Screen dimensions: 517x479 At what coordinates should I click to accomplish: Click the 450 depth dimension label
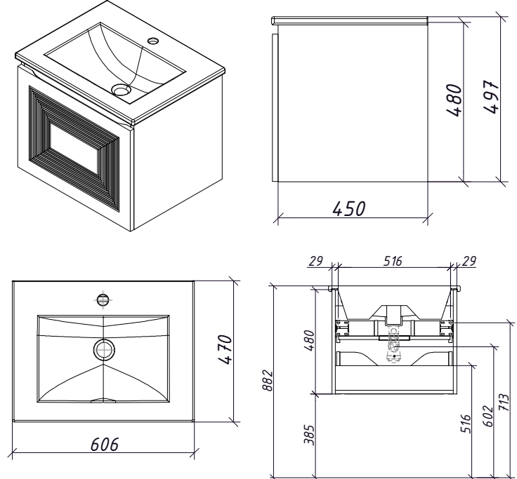(x=349, y=208)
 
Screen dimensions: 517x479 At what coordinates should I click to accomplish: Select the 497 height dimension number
(x=491, y=97)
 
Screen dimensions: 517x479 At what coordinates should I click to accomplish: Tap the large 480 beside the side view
(x=454, y=100)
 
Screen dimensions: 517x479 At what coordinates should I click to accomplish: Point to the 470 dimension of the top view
(x=225, y=349)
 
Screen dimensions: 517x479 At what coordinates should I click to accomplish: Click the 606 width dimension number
(x=104, y=444)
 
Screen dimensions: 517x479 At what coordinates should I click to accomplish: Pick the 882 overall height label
(x=268, y=381)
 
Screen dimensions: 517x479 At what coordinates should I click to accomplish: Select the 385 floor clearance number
(x=309, y=435)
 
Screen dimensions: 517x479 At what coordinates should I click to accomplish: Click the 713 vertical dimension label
(x=504, y=402)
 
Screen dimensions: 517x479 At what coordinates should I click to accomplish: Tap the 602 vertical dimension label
(x=488, y=416)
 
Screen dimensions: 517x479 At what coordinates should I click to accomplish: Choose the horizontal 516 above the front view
(x=393, y=261)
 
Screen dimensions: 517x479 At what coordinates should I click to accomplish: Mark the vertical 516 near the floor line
(x=465, y=424)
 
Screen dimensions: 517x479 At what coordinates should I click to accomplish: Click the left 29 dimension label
(x=315, y=261)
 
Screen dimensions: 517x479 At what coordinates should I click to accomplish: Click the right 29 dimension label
(x=469, y=261)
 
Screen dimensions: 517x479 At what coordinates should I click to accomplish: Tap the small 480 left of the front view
(x=309, y=341)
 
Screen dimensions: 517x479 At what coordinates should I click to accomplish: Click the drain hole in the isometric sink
(x=121, y=89)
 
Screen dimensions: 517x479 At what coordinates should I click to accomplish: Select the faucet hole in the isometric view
(x=153, y=41)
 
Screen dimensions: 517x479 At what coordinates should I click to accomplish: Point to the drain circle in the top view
(x=104, y=350)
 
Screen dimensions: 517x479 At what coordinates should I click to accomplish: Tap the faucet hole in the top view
(x=103, y=299)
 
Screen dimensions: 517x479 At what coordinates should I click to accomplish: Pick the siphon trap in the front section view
(x=393, y=345)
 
